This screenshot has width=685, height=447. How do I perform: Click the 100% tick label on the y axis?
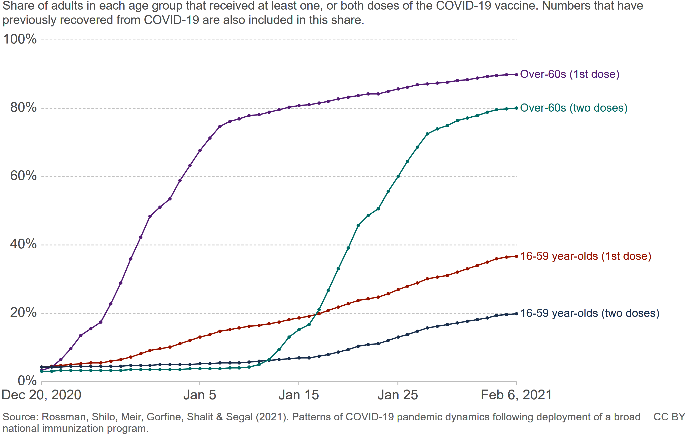pos(20,39)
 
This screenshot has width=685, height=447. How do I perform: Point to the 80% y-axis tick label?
pos(23,108)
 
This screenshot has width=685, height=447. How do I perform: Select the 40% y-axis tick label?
pos(23,244)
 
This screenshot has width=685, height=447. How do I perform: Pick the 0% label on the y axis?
pos(27,381)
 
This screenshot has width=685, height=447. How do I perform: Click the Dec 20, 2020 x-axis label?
pos(41,395)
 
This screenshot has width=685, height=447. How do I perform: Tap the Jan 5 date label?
pos(200,395)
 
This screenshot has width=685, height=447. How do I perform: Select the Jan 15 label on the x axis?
pos(298,395)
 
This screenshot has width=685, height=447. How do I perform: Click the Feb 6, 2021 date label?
pos(516,395)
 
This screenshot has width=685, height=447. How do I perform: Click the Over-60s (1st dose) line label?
pos(570,74)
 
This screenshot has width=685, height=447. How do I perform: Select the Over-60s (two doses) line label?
pos(574,108)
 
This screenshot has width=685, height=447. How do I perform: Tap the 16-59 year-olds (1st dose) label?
pos(586,256)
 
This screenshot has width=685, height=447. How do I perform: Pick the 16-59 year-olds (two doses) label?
pos(590,313)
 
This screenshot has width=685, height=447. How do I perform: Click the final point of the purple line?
pos(516,75)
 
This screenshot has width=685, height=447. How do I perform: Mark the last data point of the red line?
pos(516,256)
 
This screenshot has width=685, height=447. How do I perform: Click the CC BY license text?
pos(669,417)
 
